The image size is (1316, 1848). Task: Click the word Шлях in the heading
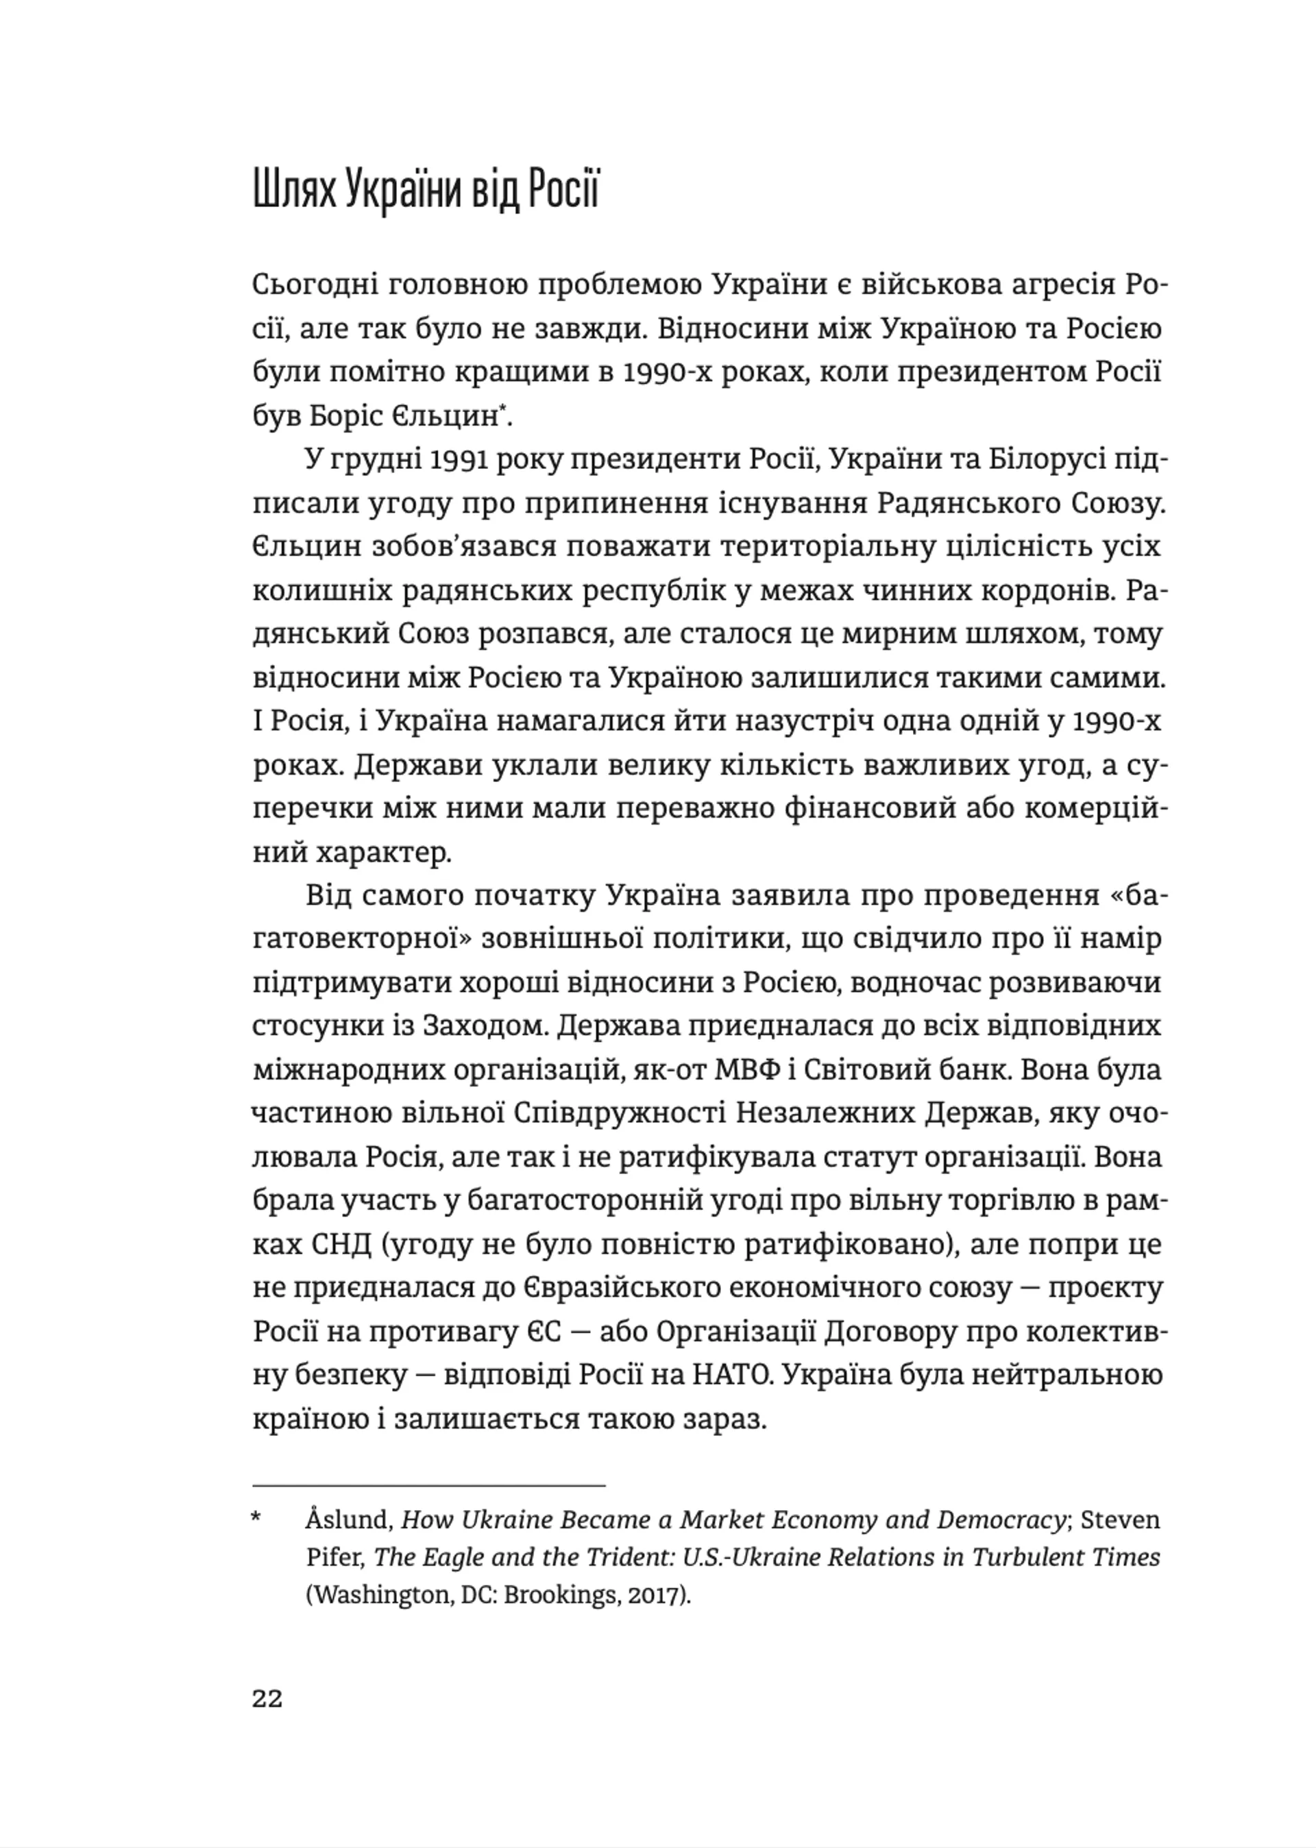(x=293, y=193)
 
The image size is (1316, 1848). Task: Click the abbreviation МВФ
(x=742, y=1070)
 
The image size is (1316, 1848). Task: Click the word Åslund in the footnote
(x=348, y=1520)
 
